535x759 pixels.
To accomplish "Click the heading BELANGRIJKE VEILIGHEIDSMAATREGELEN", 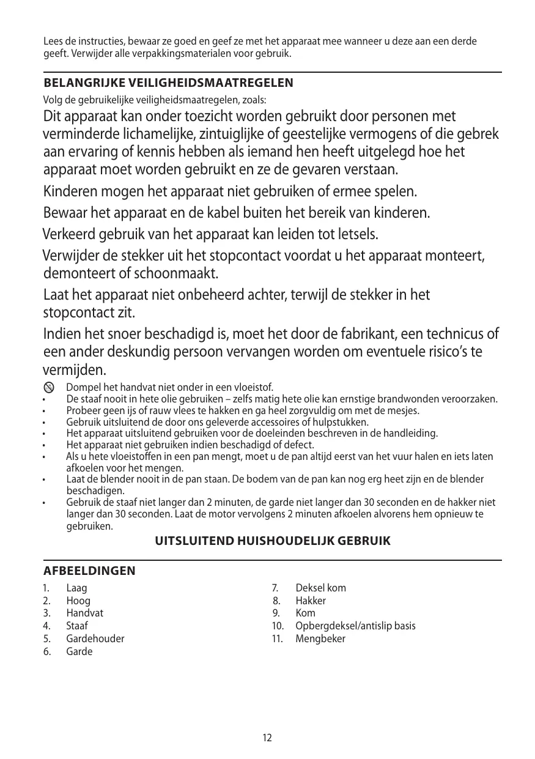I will pos(168,83).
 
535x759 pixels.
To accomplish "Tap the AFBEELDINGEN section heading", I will pos(89,571).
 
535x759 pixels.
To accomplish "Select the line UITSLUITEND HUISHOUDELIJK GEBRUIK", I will pos(273,541).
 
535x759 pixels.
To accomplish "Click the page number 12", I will pos(267,738).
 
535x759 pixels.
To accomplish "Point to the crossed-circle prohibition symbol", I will pos(49,388).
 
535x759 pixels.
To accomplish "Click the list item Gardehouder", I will pos(95,639).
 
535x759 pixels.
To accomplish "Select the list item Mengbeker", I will pos(320,639).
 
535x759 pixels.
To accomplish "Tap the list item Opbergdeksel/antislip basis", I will pos(355,626).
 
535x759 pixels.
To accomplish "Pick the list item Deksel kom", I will pos(320,588).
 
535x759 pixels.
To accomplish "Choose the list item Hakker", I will pos(311,601).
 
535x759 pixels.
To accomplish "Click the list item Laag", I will pos(76,588).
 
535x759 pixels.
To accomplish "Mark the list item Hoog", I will pos(78,601).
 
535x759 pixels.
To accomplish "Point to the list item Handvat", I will pos(84,613).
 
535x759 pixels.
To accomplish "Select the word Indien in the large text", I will pos(61,335).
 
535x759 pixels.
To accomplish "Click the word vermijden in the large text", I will pos(74,371).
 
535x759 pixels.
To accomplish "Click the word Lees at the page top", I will pos(53,42).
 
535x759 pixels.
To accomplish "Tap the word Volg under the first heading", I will pos(52,100).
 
